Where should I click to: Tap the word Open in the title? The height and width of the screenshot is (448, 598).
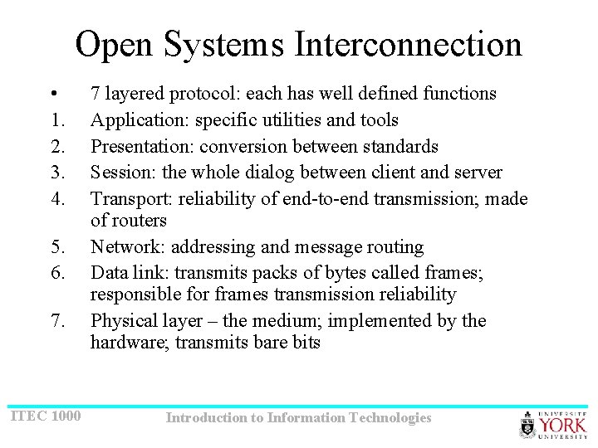(115, 44)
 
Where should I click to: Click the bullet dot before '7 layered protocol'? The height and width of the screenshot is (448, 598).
(52, 94)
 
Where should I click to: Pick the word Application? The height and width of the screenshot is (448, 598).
(138, 120)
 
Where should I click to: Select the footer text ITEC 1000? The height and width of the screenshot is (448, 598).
(46, 414)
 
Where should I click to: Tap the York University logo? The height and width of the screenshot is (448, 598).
(552, 423)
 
